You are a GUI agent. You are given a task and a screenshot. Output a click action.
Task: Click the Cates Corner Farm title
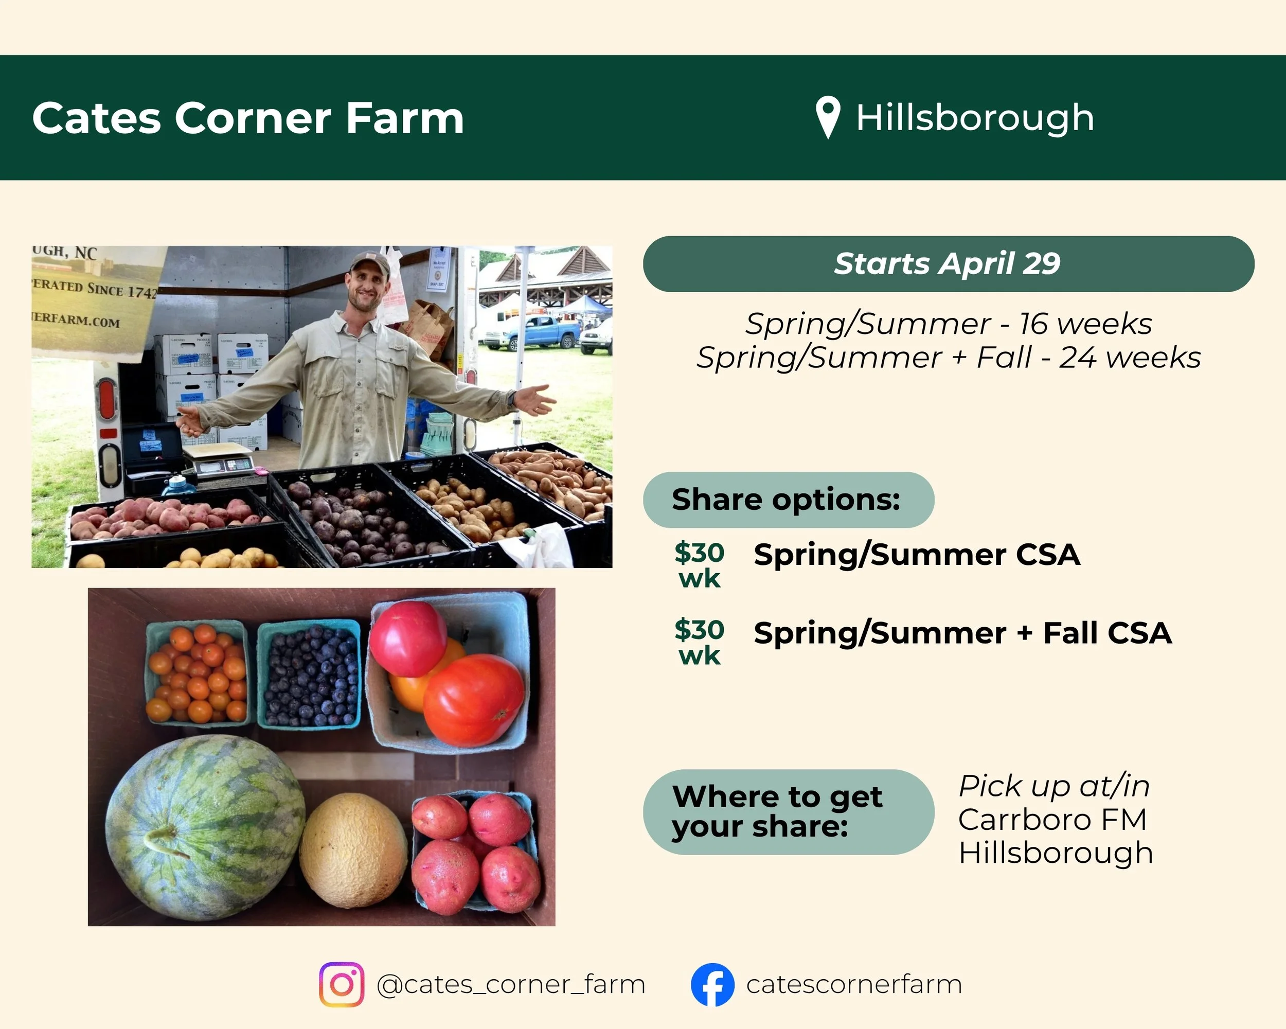pyautogui.click(x=247, y=118)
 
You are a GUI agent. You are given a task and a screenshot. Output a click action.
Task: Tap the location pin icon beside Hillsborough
pyautogui.click(x=828, y=116)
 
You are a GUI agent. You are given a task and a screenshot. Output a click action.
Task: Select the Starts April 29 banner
pyautogui.click(x=948, y=263)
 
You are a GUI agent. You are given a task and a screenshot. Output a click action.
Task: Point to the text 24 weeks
pyautogui.click(x=1129, y=358)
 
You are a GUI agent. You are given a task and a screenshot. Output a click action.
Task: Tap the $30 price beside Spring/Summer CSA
pyautogui.click(x=699, y=553)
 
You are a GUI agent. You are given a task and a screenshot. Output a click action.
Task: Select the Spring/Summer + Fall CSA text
pyautogui.click(x=962, y=633)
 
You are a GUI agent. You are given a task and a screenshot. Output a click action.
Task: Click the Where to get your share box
pyautogui.click(x=788, y=812)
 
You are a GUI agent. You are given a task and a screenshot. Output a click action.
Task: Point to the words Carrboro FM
pyautogui.click(x=1052, y=819)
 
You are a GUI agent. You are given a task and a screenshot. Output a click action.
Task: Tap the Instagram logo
pyautogui.click(x=341, y=984)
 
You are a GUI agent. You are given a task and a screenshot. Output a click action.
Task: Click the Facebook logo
pyautogui.click(x=712, y=984)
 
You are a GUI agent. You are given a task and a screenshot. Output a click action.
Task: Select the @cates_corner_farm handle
pyautogui.click(x=511, y=984)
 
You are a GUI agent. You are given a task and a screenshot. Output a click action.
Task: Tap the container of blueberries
pyautogui.click(x=310, y=674)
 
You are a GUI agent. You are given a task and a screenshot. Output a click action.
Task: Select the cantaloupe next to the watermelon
pyautogui.click(x=354, y=849)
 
